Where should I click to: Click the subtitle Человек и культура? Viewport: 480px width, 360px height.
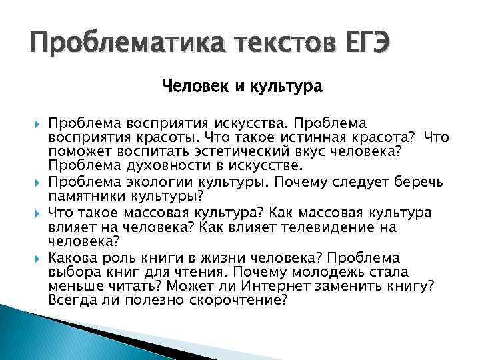pyautogui.click(x=242, y=87)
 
